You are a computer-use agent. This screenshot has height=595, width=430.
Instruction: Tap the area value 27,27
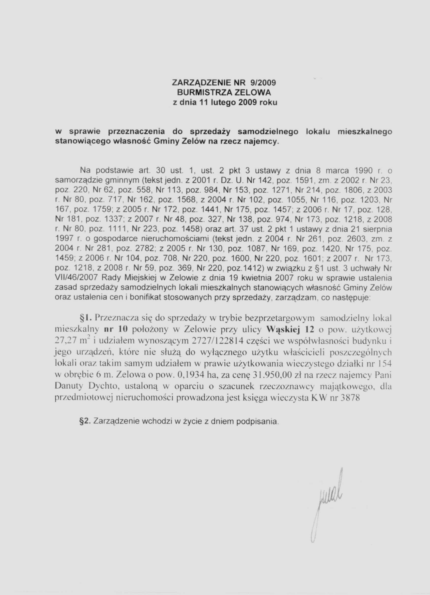click(65, 341)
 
